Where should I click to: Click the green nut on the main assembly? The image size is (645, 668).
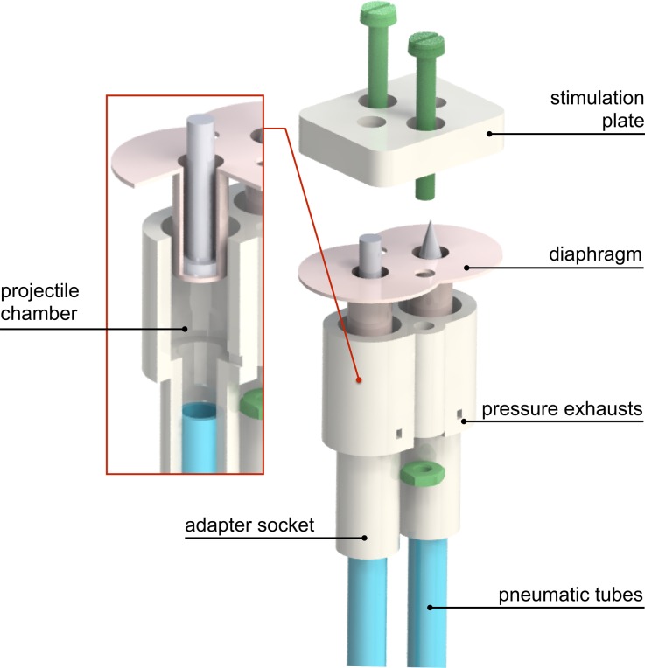(x=422, y=473)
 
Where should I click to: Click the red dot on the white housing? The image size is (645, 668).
(x=358, y=380)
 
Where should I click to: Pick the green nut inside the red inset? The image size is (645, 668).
(x=252, y=403)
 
